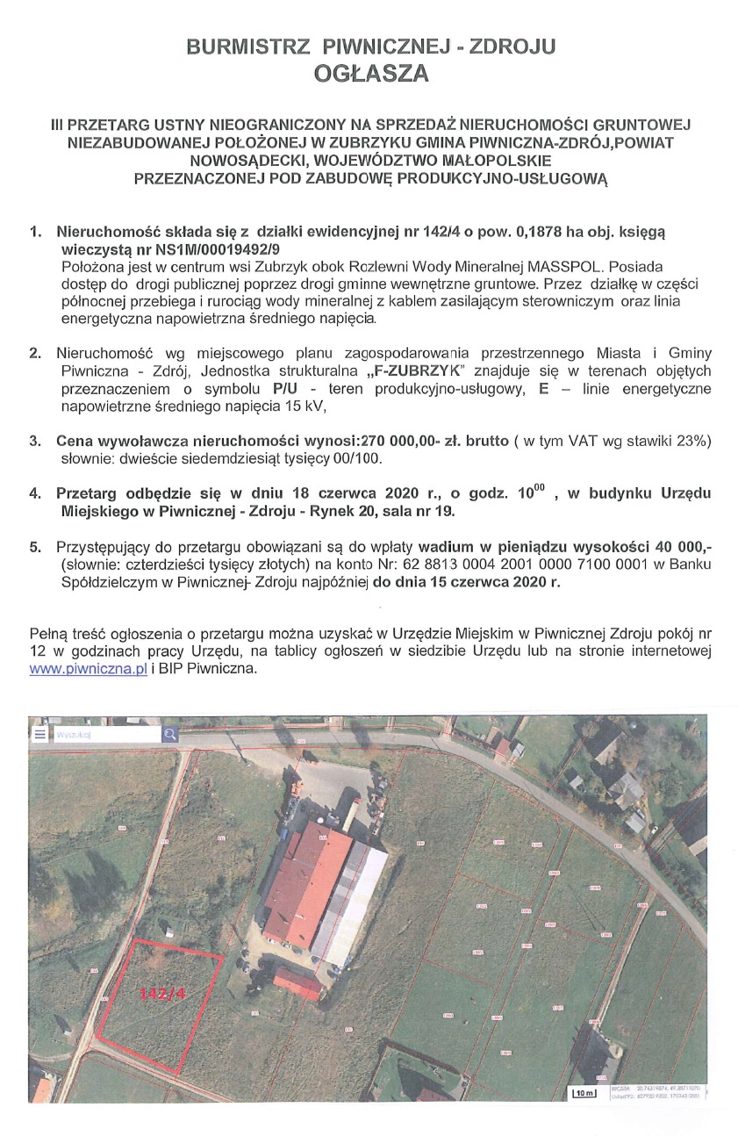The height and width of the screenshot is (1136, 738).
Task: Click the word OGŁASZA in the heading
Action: pyautogui.click(x=371, y=74)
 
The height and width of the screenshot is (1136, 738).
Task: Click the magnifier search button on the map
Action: pyautogui.click(x=170, y=735)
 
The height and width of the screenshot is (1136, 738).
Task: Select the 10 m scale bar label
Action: pyautogui.click(x=584, y=1093)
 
